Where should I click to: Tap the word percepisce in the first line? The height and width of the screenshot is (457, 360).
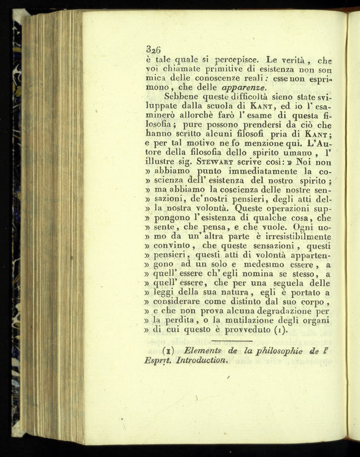click(232, 61)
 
